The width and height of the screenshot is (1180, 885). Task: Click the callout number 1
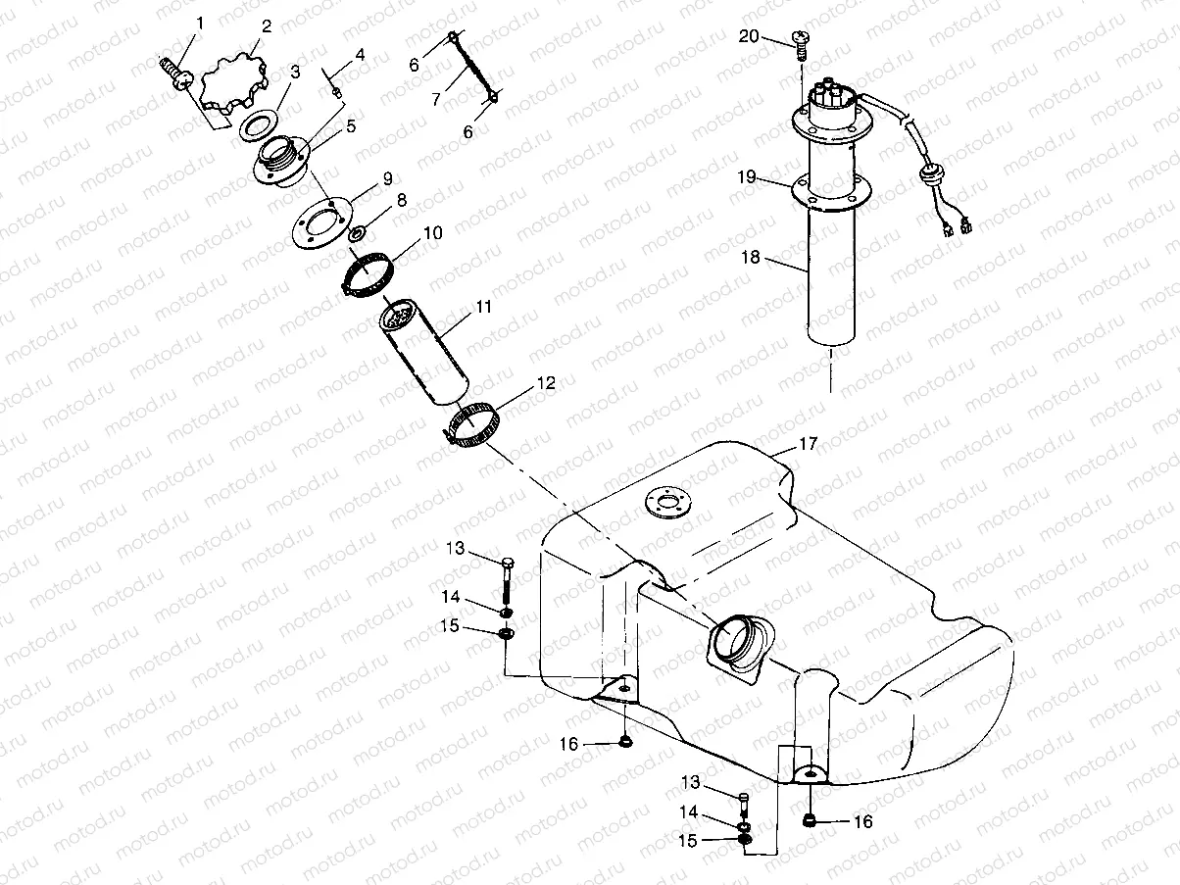[x=200, y=21]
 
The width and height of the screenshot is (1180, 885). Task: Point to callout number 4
[x=360, y=55]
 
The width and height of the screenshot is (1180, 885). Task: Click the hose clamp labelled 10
[x=369, y=272]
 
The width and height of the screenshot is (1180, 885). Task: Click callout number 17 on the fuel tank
[x=807, y=444]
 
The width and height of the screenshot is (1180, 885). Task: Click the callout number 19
[x=748, y=176]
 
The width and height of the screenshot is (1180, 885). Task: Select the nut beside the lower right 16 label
[x=811, y=820]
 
